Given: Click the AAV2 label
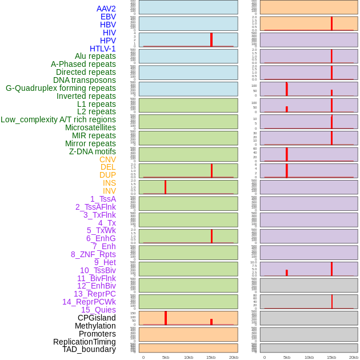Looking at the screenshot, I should coord(106,9).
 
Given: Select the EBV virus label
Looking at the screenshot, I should coord(108,17).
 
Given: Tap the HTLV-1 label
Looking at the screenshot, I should coord(102,49).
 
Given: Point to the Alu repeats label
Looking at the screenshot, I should coord(95,56).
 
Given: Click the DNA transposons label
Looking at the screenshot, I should coord(85,80).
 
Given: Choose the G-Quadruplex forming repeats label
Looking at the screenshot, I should coord(61,88).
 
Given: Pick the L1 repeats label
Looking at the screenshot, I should coord(96,104).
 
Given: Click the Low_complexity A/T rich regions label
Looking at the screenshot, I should coord(58,119).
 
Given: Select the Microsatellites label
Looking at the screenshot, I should coord(90,127).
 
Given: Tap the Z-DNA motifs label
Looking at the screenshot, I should coord(92,151).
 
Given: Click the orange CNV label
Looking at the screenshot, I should coord(107,159).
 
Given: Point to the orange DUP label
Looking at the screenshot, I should coord(107,175).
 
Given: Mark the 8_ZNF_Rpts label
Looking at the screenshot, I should coord(93,254).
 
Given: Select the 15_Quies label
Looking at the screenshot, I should coord(98,310).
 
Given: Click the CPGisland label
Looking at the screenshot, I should coord(97,318).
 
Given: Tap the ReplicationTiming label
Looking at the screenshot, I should coord(84,342).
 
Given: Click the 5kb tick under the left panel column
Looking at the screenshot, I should coord(166,357).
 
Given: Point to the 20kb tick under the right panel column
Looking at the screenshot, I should coord(354,357).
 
